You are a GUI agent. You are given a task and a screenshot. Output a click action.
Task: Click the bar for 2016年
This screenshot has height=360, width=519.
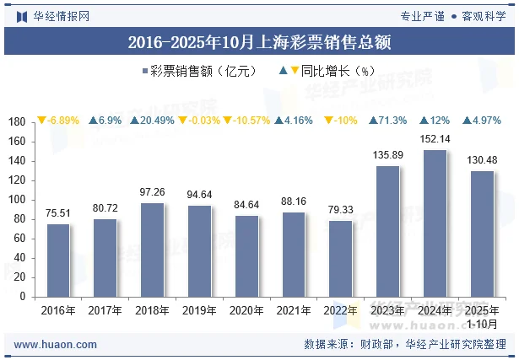coord(58,261)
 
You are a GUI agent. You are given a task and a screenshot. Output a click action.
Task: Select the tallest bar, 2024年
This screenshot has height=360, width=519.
coord(435,223)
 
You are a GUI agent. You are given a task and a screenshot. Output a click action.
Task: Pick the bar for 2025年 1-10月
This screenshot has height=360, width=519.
coord(482,234)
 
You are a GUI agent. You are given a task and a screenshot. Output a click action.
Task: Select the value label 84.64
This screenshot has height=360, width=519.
coord(246,205)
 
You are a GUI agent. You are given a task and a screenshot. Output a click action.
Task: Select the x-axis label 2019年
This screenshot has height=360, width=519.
coord(200,311)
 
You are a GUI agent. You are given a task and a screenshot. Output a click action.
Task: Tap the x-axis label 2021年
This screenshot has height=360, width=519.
coord(294,311)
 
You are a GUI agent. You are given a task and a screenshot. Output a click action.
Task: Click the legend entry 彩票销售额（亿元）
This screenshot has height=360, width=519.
coord(203,72)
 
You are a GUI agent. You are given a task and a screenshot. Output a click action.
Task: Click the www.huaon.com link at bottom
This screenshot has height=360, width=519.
coord(56,345)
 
